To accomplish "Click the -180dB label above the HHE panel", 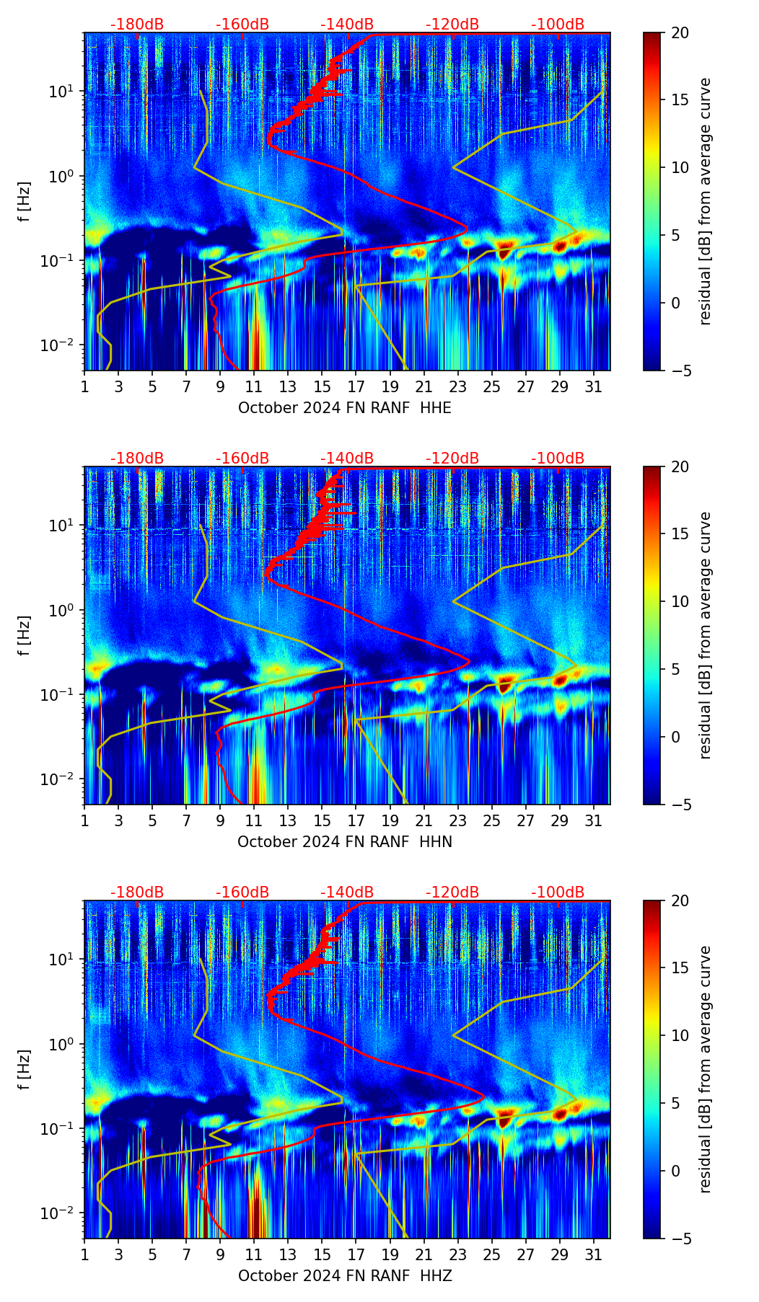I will click(x=137, y=25).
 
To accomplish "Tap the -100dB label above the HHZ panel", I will click(x=558, y=893).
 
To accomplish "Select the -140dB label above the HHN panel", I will click(x=347, y=459).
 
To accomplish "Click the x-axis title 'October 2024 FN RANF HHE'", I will click(x=345, y=408).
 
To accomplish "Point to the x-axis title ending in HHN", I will click(x=345, y=842).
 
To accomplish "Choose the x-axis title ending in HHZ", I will click(x=345, y=1276).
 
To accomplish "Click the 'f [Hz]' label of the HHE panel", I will click(x=25, y=202).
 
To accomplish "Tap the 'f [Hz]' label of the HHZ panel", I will click(x=25, y=1070).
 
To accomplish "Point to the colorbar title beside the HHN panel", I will click(x=705, y=635).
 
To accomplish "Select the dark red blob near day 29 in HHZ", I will click(x=560, y=1115).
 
